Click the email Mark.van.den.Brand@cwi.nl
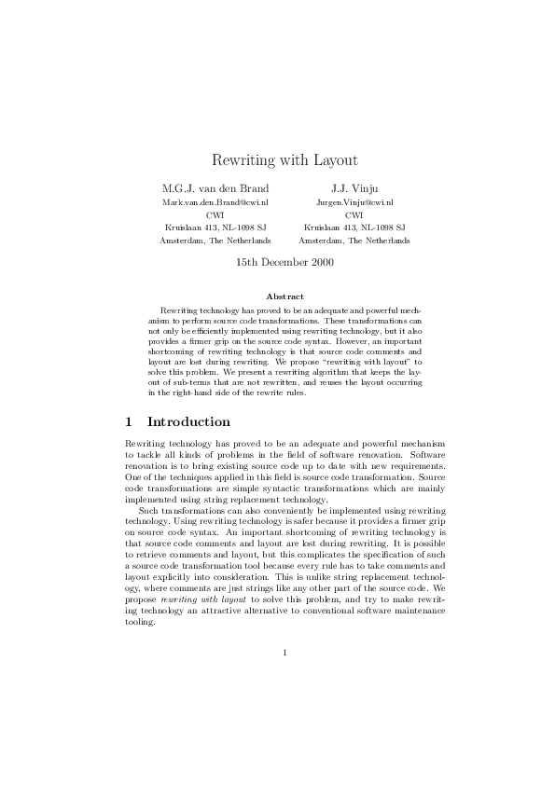215,201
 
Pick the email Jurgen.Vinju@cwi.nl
354,201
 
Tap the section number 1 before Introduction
129,422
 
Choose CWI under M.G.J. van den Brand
215,213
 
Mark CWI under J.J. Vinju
354,213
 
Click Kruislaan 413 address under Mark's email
215,227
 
